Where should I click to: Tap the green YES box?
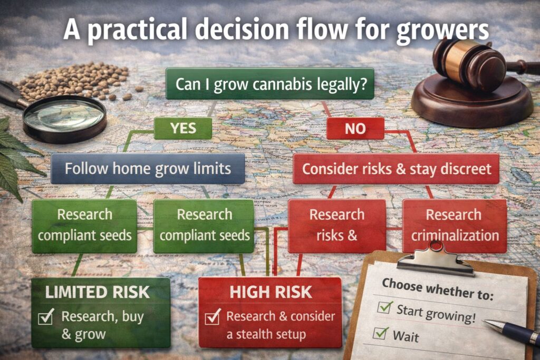(183, 128)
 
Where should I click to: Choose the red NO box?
(354, 128)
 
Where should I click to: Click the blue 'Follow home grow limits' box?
(147, 169)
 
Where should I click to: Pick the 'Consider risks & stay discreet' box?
(396, 169)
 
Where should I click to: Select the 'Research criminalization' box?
(454, 225)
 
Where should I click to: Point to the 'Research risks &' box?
(336, 225)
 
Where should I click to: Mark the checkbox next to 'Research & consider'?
(213, 317)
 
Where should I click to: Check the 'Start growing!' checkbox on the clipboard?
(385, 307)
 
